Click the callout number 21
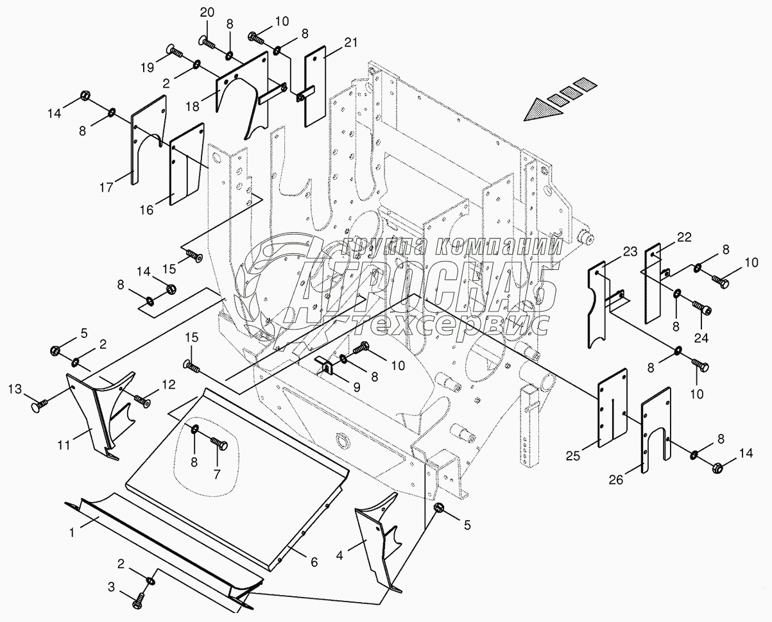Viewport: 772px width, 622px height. click(x=350, y=44)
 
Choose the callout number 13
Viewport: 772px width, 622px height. click(x=15, y=389)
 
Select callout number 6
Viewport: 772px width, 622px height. click(x=314, y=562)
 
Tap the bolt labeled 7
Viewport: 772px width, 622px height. click(x=219, y=442)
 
